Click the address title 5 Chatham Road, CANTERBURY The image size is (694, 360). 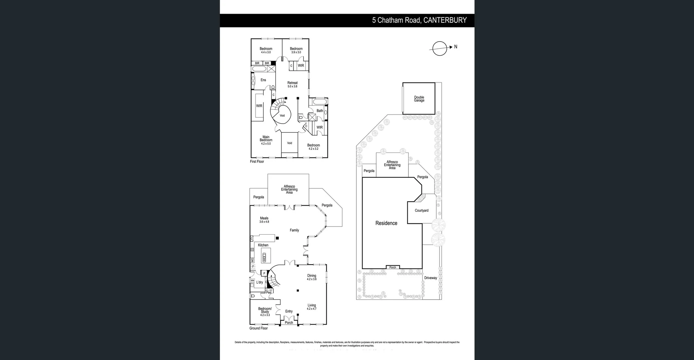tap(419, 20)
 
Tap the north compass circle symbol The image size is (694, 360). tap(440, 48)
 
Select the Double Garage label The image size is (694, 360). tap(419, 99)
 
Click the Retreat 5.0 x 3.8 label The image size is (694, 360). tap(292, 84)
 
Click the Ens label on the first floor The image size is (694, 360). tap(263, 80)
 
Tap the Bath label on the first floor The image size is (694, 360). tap(320, 111)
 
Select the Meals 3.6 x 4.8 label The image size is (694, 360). tap(264, 219)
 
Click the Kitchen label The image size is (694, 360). tap(263, 245)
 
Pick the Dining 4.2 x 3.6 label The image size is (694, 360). tap(312, 277)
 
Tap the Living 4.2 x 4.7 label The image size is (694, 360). tap(312, 307)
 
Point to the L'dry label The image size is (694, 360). tap(260, 282)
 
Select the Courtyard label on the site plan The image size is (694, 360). tap(421, 210)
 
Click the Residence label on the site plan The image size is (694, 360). tap(386, 223)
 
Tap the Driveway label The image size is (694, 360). tap(430, 278)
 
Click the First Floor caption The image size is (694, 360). tap(257, 162)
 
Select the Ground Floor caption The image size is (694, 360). tap(258, 328)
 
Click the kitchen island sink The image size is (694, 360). tap(264, 257)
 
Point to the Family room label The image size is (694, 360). tap(294, 230)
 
